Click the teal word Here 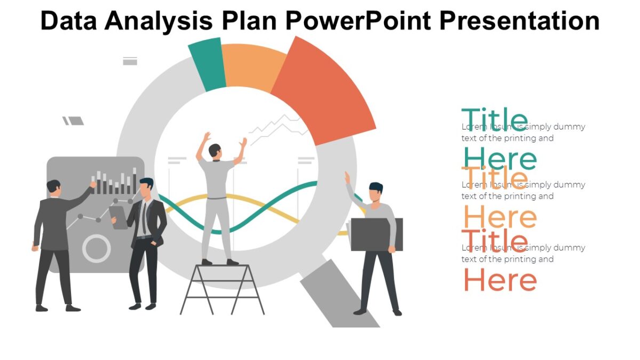[x=500, y=159]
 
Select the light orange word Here [x=500, y=217]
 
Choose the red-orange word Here [x=500, y=280]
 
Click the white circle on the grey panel [x=97, y=248]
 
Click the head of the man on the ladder [x=215, y=150]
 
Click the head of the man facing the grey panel [x=53, y=187]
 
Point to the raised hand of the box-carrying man [x=347, y=178]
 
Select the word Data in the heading [x=68, y=21]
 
